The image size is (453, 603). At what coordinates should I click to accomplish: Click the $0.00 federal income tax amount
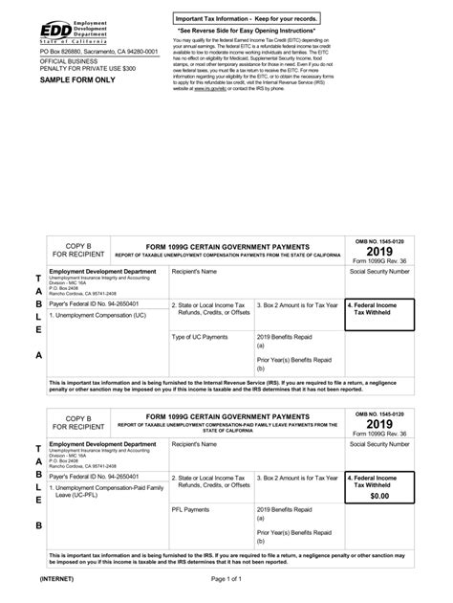tap(379, 497)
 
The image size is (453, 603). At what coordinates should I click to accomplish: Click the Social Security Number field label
tap(379, 272)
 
